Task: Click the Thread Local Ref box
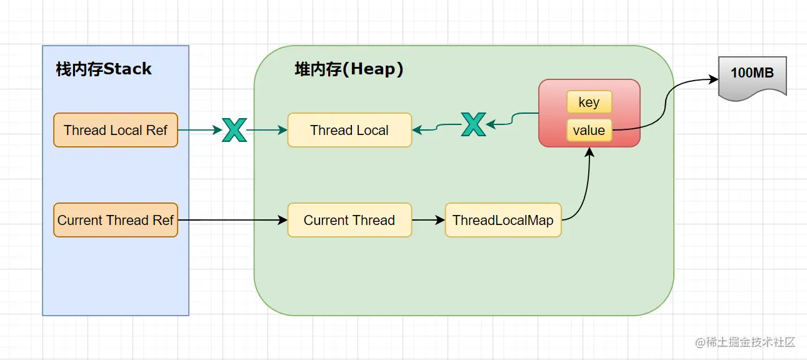tap(116, 130)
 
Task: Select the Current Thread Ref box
tap(116, 220)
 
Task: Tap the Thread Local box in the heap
tap(349, 130)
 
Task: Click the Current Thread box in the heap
tap(349, 220)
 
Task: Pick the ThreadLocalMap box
tap(503, 220)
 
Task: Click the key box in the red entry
tap(589, 102)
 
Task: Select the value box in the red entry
tap(589, 131)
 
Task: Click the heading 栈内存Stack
tap(104, 69)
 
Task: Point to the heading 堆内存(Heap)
tap(349, 69)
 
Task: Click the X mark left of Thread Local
tap(234, 130)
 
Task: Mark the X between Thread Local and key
tap(473, 124)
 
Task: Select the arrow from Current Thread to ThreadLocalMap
tap(428, 220)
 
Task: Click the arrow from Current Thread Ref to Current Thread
tap(231, 220)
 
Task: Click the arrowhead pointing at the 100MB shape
tap(713, 79)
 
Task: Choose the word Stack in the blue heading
tap(128, 69)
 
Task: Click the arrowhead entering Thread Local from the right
tap(417, 130)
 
